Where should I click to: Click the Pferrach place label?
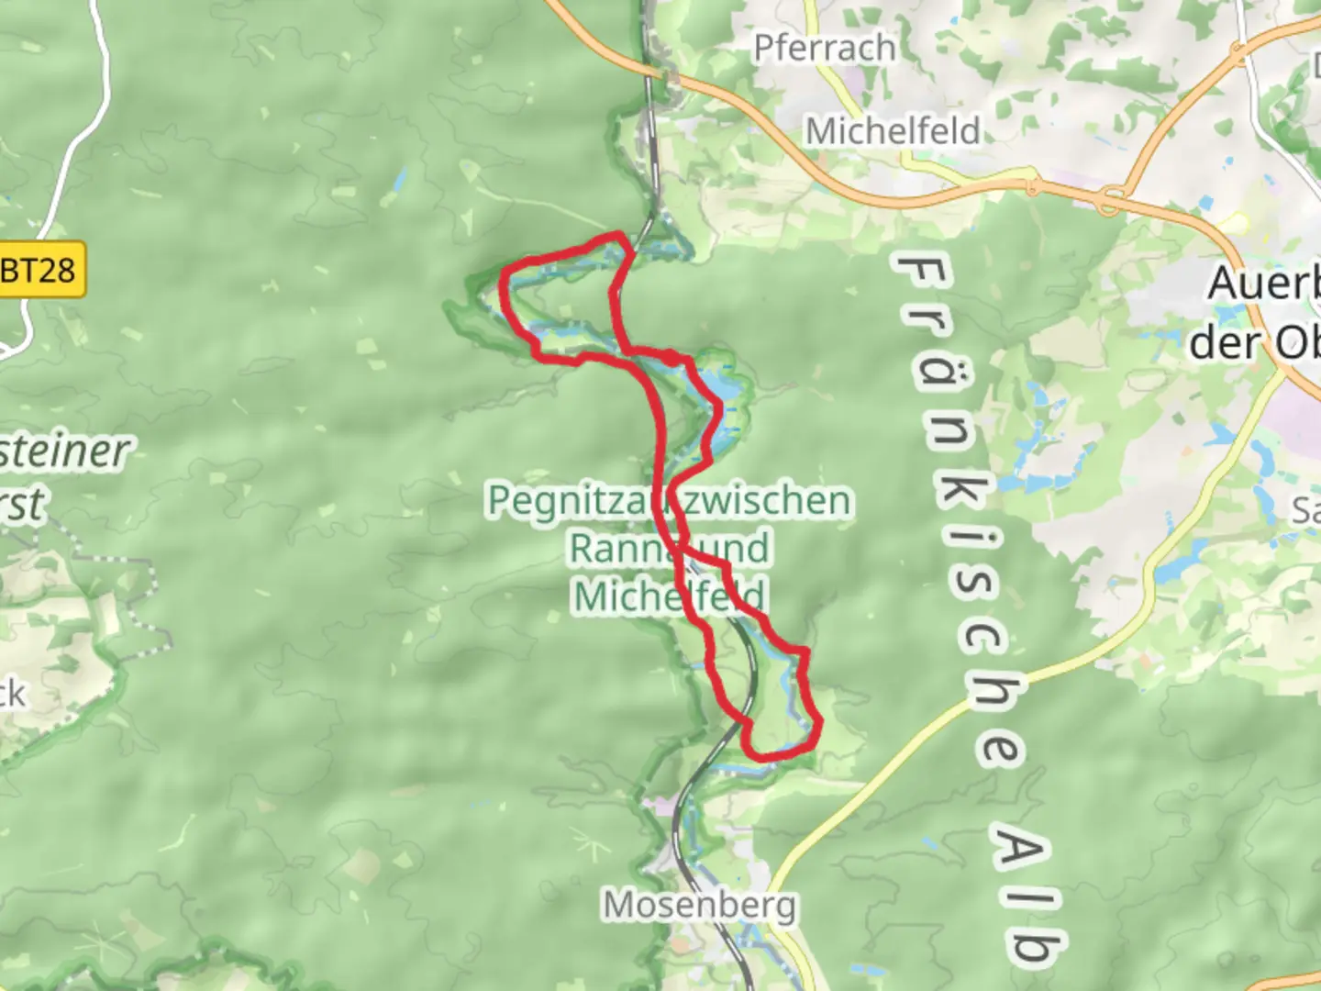tap(824, 48)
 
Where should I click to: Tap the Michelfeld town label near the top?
tap(893, 131)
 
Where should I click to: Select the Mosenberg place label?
tap(700, 906)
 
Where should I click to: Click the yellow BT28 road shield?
tap(40, 270)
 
